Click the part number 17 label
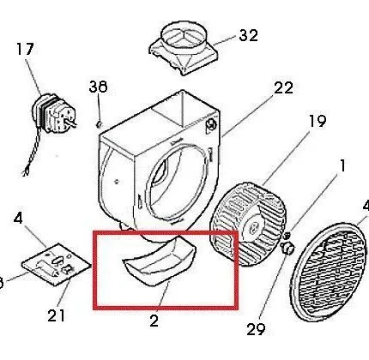click(25, 49)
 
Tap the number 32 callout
click(248, 35)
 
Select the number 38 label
click(98, 87)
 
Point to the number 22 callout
click(284, 88)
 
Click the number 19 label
click(318, 121)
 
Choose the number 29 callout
click(256, 329)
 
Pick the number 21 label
click(56, 315)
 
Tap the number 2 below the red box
click(154, 321)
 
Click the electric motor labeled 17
click(54, 114)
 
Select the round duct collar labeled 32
click(184, 47)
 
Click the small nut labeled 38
click(100, 124)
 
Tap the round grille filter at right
click(329, 273)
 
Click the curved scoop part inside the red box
click(159, 263)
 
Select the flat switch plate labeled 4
click(57, 264)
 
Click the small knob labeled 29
click(287, 248)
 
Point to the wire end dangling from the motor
click(27, 172)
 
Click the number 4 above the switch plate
click(18, 219)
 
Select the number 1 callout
click(342, 165)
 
